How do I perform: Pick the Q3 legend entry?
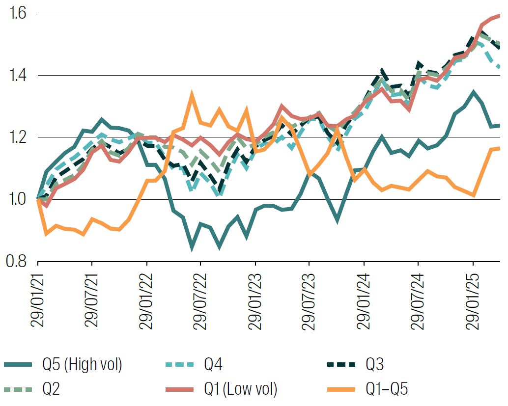[374, 364]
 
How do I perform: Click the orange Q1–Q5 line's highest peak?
[192, 94]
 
